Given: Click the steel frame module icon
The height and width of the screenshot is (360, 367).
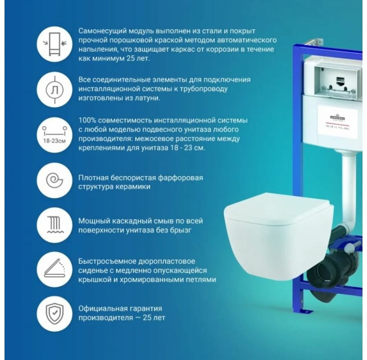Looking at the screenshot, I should [x=54, y=44].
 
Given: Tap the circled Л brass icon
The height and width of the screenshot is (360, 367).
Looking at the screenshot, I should [x=54, y=89].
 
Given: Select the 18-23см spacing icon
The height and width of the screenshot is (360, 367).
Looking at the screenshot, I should [x=54, y=135].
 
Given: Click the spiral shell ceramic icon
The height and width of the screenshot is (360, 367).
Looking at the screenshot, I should [x=54, y=180].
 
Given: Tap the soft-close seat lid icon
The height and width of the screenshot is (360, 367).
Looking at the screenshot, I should [x=54, y=269].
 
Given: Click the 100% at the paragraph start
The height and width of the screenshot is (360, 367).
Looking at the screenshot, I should [x=87, y=120].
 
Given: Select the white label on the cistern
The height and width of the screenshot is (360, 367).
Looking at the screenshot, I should [x=337, y=119].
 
